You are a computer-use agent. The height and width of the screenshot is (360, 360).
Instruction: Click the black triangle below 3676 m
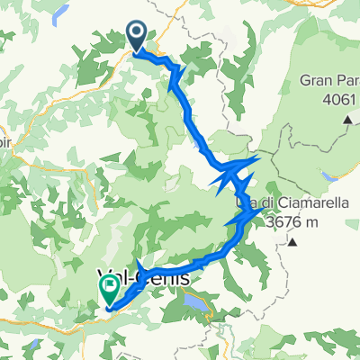point(293,242)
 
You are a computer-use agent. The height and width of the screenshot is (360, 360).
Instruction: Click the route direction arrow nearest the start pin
point(176,71)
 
